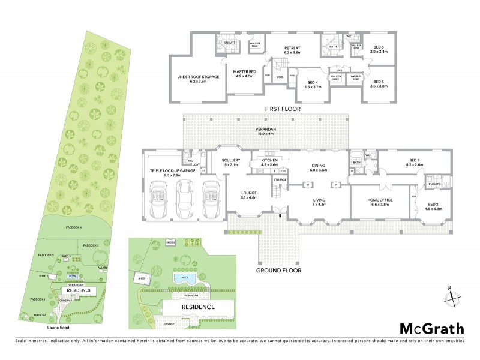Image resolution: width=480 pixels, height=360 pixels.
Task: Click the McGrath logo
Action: [x=431, y=328]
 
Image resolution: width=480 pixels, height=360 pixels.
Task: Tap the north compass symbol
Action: [x=454, y=297]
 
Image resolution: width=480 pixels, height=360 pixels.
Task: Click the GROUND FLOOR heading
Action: [x=278, y=271]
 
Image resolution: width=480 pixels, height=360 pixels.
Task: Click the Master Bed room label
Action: [x=245, y=74]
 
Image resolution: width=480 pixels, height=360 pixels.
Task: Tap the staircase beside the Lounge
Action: [x=276, y=192]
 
